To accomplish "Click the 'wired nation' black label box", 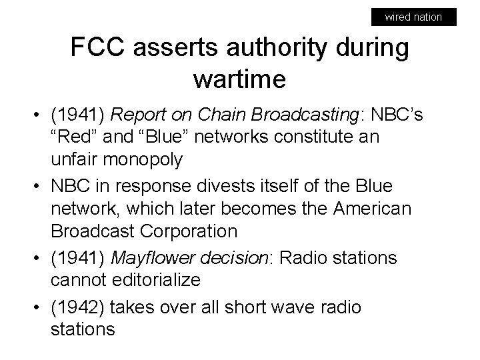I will pos(413,17).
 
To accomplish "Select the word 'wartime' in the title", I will pos(239,79).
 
